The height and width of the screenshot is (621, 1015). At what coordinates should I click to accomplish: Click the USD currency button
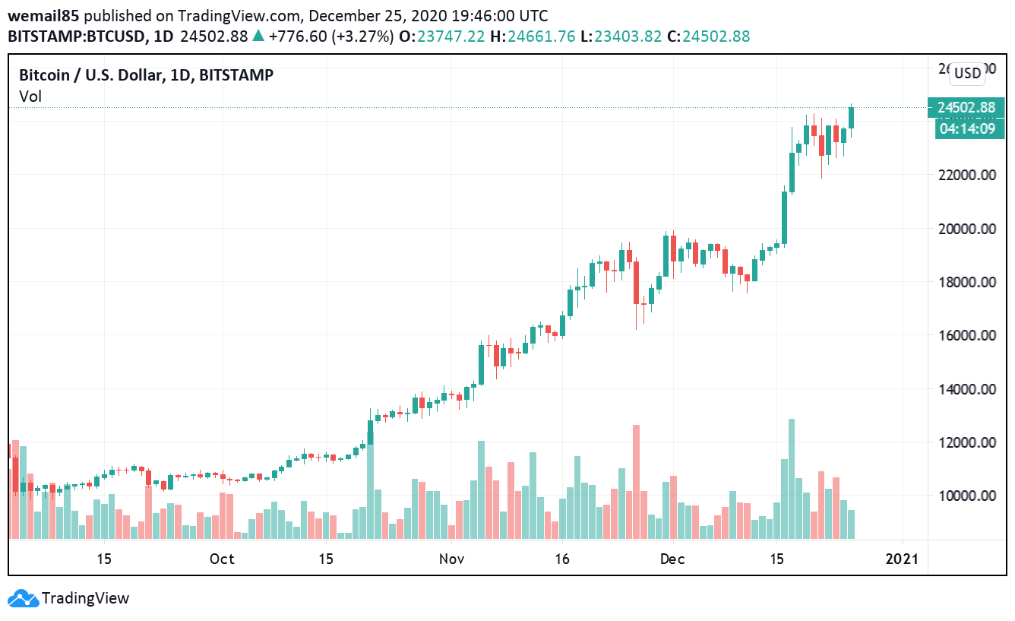(967, 73)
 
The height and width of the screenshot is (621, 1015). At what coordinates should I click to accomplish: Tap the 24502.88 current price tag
(966, 108)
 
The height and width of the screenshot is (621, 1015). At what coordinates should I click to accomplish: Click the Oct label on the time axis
(222, 559)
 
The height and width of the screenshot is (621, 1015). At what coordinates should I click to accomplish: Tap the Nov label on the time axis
(451, 559)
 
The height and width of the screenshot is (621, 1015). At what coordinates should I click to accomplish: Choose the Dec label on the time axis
(672, 559)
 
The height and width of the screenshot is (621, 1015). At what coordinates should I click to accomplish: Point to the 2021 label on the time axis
(902, 559)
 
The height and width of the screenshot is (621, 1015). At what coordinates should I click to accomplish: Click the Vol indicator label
(30, 96)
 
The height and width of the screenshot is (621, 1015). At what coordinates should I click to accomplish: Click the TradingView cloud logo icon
(23, 598)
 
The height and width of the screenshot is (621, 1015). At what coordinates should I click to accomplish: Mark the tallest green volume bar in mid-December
(791, 479)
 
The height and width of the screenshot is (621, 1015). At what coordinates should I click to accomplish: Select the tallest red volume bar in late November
(636, 482)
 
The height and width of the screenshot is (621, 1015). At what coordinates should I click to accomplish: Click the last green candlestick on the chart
(852, 118)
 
